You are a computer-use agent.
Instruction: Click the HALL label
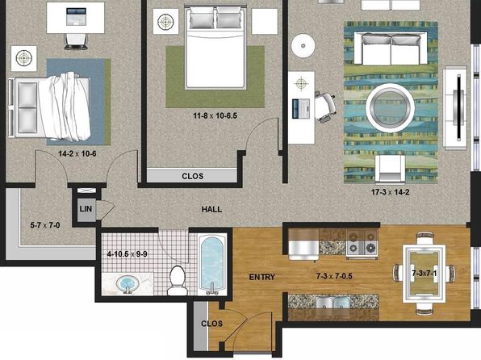[211, 209]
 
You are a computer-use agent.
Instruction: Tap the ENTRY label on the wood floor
[262, 277]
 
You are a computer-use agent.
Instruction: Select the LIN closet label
[86, 209]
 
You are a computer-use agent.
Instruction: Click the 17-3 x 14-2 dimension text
[390, 192]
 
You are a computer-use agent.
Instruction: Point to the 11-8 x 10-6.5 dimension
[215, 116]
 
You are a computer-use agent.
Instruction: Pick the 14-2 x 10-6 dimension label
[77, 153]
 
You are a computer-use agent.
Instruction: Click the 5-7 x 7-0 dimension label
[45, 225]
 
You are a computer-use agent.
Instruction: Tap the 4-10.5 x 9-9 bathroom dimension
[127, 254]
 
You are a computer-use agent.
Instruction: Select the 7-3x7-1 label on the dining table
[424, 273]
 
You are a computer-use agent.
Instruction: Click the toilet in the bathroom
[178, 281]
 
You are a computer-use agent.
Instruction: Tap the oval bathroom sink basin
[128, 283]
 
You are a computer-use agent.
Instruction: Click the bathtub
[211, 264]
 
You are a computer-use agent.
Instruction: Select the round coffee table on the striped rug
[390, 107]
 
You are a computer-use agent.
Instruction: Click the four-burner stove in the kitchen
[362, 243]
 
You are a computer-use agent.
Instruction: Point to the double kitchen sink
[333, 303]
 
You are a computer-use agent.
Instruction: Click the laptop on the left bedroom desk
[76, 17]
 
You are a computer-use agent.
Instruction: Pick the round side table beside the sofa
[303, 46]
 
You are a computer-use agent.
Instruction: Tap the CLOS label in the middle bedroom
[192, 176]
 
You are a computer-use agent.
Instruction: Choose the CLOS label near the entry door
[211, 324]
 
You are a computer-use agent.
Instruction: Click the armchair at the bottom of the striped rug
[390, 168]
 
